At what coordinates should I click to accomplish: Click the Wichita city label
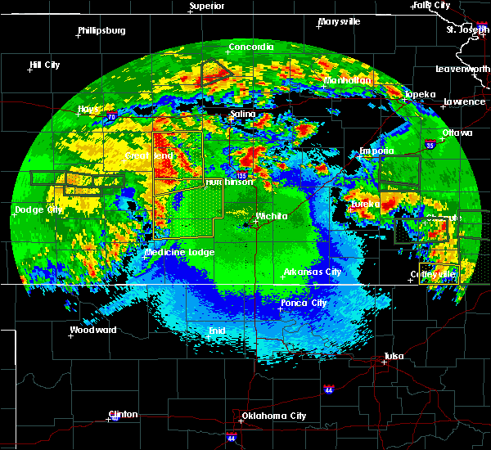coord(271,217)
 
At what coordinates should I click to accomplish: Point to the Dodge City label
coord(38,209)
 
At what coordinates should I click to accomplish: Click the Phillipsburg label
coord(101,31)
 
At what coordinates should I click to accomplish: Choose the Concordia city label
coord(250,47)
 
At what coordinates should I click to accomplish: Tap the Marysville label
coord(340,21)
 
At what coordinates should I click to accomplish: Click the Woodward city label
coord(93,331)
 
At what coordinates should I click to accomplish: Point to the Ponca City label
coord(304,303)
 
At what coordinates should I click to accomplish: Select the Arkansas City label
coord(313,272)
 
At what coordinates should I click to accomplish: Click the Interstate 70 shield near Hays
coord(111,119)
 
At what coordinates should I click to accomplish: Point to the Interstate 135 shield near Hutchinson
coord(241,175)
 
